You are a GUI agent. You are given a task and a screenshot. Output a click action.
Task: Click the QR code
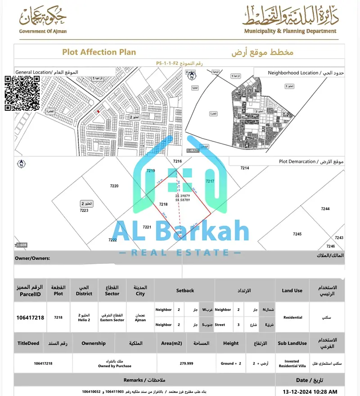click(22, 93)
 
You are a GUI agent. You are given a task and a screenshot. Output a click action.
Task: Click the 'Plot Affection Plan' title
click(99, 52)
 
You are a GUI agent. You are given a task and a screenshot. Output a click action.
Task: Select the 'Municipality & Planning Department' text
click(290, 31)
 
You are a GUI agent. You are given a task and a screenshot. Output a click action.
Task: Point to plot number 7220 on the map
click(114, 186)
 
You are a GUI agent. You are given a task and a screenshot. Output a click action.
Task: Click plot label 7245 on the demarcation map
click(297, 234)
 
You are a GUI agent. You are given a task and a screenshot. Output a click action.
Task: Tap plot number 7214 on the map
click(245, 168)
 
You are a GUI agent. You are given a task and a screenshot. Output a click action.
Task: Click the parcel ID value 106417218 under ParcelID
click(30, 317)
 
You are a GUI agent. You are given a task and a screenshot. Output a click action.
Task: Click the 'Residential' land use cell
click(293, 317)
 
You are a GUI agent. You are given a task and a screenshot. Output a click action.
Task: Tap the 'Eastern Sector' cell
click(112, 320)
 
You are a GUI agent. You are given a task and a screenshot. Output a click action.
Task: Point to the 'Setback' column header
click(185, 291)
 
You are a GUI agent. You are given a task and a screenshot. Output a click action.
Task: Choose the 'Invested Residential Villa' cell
click(292, 364)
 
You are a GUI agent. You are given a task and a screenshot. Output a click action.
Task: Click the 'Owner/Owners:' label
click(32, 259)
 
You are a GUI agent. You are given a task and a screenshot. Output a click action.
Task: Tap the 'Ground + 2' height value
click(230, 363)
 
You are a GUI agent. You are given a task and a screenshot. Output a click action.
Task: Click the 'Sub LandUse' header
click(292, 343)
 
